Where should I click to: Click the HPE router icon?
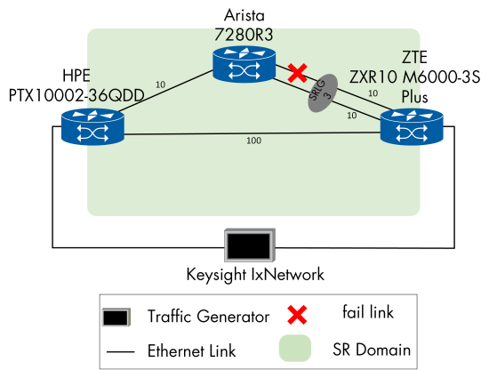click(x=92, y=125)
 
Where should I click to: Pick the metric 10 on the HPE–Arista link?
click(x=160, y=85)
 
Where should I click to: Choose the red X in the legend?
click(x=298, y=313)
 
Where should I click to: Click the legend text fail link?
click(x=370, y=312)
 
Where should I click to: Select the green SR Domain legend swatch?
click(x=298, y=348)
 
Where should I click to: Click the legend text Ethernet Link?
click(x=191, y=350)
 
